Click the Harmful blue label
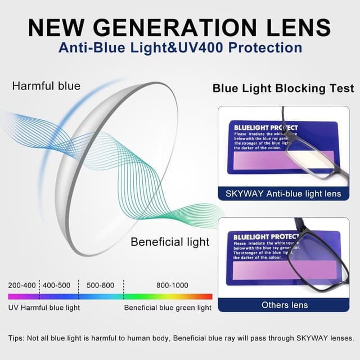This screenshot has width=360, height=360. [46, 86]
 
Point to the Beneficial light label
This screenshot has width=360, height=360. [170, 242]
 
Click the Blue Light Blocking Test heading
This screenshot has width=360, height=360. [283, 88]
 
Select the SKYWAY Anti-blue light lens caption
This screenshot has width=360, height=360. [283, 193]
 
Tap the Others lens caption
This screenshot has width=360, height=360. [285, 304]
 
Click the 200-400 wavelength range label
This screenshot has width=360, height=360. [22, 285]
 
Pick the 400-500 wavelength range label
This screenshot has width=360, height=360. [57, 285]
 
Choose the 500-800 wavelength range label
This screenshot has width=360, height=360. [100, 285]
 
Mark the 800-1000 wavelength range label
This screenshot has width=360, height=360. [173, 285]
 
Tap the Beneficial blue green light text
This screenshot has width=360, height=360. [168, 308]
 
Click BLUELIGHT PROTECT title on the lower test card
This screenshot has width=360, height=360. [259, 237]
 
